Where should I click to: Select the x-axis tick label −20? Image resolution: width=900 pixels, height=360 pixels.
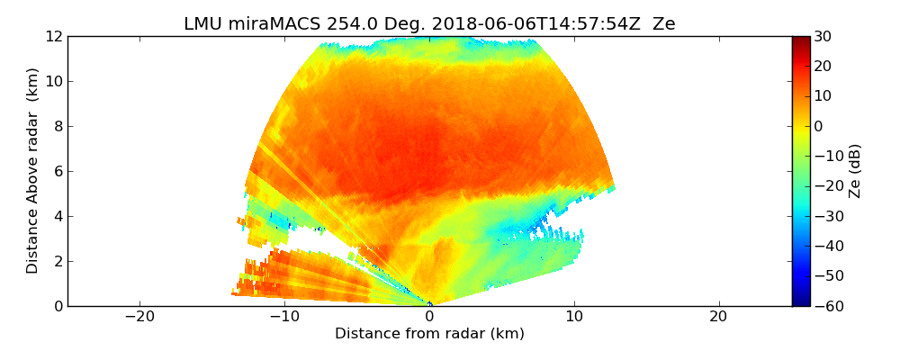139,317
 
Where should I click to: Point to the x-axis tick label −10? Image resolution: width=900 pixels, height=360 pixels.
283,317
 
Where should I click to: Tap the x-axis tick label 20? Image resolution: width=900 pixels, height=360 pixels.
718,317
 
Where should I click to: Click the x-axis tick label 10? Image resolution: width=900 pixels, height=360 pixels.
574,317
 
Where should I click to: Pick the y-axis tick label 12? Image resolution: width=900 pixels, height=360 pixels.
54,36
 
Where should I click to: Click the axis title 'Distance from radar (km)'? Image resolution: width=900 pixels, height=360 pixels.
429,334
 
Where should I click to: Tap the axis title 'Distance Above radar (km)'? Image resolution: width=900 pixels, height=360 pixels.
33,171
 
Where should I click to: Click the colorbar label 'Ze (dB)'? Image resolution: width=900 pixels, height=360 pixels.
854,171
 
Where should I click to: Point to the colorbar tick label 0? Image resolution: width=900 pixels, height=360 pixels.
819,126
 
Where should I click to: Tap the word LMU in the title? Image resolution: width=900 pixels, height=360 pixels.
203,24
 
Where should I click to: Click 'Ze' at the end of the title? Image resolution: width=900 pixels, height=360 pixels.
663,24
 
